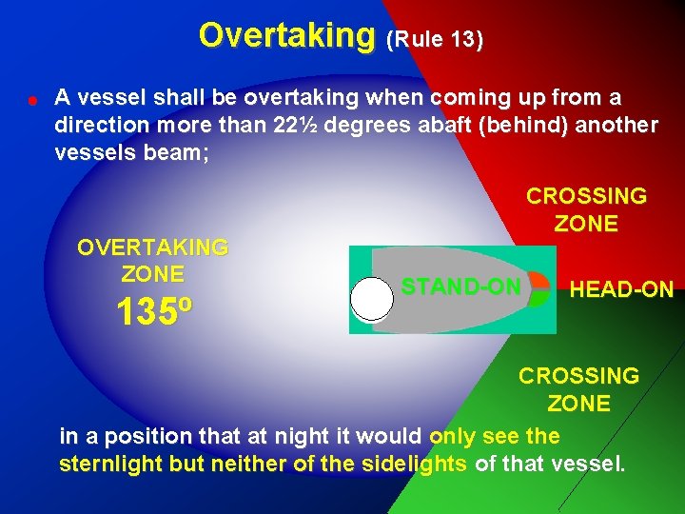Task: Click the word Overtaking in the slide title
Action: coord(287,35)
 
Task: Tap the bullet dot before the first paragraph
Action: coord(32,98)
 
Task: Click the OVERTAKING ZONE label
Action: coord(152,261)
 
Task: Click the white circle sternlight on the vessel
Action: coord(371,299)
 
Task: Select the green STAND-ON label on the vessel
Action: coord(460,287)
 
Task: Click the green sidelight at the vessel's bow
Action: coord(538,298)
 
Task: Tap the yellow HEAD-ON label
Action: coord(620,289)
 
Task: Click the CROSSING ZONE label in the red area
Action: coord(586,209)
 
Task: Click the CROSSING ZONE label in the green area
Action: coord(578,389)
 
